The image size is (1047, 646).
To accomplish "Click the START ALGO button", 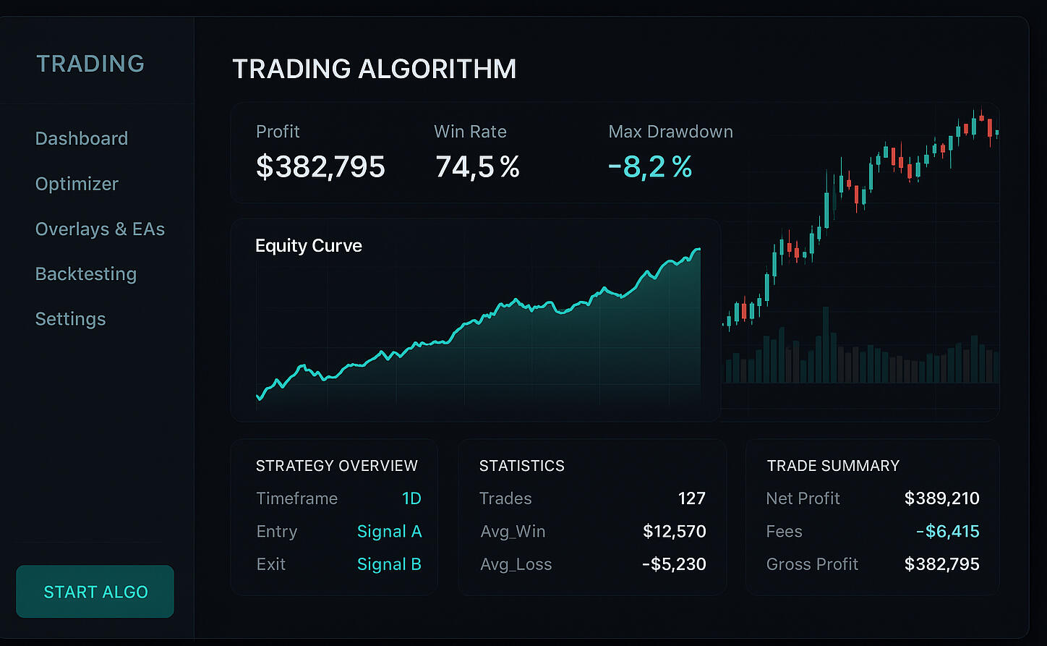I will point(95,592).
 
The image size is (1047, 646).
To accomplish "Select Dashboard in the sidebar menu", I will point(82,138).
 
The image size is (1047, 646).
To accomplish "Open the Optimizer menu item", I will point(77,184).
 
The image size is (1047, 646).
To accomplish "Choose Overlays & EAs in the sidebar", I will point(100,229).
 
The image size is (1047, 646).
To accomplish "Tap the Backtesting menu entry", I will point(86,274).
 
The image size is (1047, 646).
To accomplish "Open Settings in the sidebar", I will point(71,319).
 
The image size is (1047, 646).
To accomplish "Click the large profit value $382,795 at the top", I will point(320,167).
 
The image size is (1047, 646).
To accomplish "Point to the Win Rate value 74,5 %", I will point(477,167).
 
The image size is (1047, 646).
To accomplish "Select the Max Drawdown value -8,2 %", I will point(650,167).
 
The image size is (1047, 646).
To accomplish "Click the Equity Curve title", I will point(309,246).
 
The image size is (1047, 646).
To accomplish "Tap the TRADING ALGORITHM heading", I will point(375,69).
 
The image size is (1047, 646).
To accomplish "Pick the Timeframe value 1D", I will point(411,498).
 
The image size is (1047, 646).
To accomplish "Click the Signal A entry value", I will point(389,532).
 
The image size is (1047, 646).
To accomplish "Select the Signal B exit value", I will point(389,564).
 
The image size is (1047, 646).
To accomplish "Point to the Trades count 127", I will point(691,498).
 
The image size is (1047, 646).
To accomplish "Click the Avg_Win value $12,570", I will point(674,532).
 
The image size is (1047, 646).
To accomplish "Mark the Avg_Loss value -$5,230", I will point(674,564).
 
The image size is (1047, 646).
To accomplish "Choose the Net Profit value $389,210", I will point(941,498).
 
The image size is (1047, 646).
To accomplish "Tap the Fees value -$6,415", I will point(947,532).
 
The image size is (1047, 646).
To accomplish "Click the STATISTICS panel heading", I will point(522,466).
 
